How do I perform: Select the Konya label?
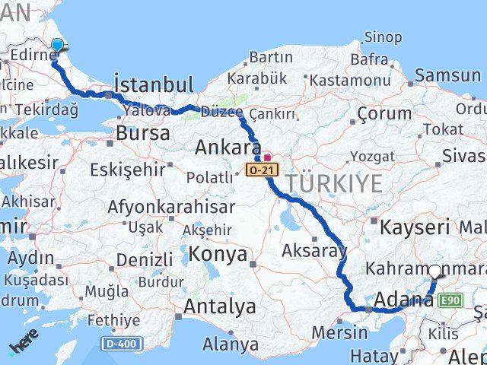pyautogui.click(x=218, y=253)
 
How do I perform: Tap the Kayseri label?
pyautogui.click(x=415, y=227)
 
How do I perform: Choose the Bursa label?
pyautogui.click(x=143, y=132)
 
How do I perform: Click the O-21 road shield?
pyautogui.click(x=258, y=170)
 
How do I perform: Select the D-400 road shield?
pyautogui.click(x=122, y=344)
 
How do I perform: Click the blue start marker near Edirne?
pyautogui.click(x=56, y=46)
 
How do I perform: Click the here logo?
pyautogui.click(x=24, y=348)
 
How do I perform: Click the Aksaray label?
pyautogui.click(x=314, y=250)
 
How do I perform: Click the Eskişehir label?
pyautogui.click(x=126, y=169)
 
